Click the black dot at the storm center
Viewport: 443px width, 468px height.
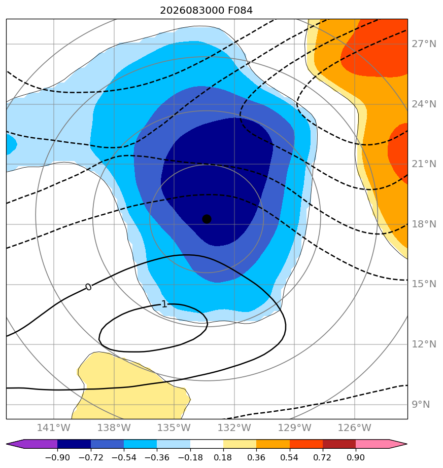pos(207,219)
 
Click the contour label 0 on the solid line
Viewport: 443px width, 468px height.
pos(88,287)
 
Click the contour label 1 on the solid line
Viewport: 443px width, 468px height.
pos(164,304)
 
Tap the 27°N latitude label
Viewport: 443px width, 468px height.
pos(424,44)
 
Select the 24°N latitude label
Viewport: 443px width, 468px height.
pos(424,104)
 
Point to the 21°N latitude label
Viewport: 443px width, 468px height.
pos(424,164)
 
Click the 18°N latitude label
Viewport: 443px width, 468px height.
pos(424,224)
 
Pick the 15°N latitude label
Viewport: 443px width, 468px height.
pos(424,284)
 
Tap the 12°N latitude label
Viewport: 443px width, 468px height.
pos(424,344)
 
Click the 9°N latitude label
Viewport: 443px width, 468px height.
pos(421,404)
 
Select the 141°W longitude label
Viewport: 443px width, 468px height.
pos(54,427)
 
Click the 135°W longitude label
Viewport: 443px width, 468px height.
pos(174,427)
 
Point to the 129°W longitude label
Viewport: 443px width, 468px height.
pos(294,427)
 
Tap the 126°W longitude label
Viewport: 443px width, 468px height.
pos(355,427)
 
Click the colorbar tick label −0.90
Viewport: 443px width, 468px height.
pos(57,457)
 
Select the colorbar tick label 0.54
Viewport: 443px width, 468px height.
pos(289,457)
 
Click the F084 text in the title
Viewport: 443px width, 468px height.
pos(240,11)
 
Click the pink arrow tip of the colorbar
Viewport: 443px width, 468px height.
pos(407,444)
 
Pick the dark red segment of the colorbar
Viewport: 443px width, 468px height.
pos(339,444)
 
